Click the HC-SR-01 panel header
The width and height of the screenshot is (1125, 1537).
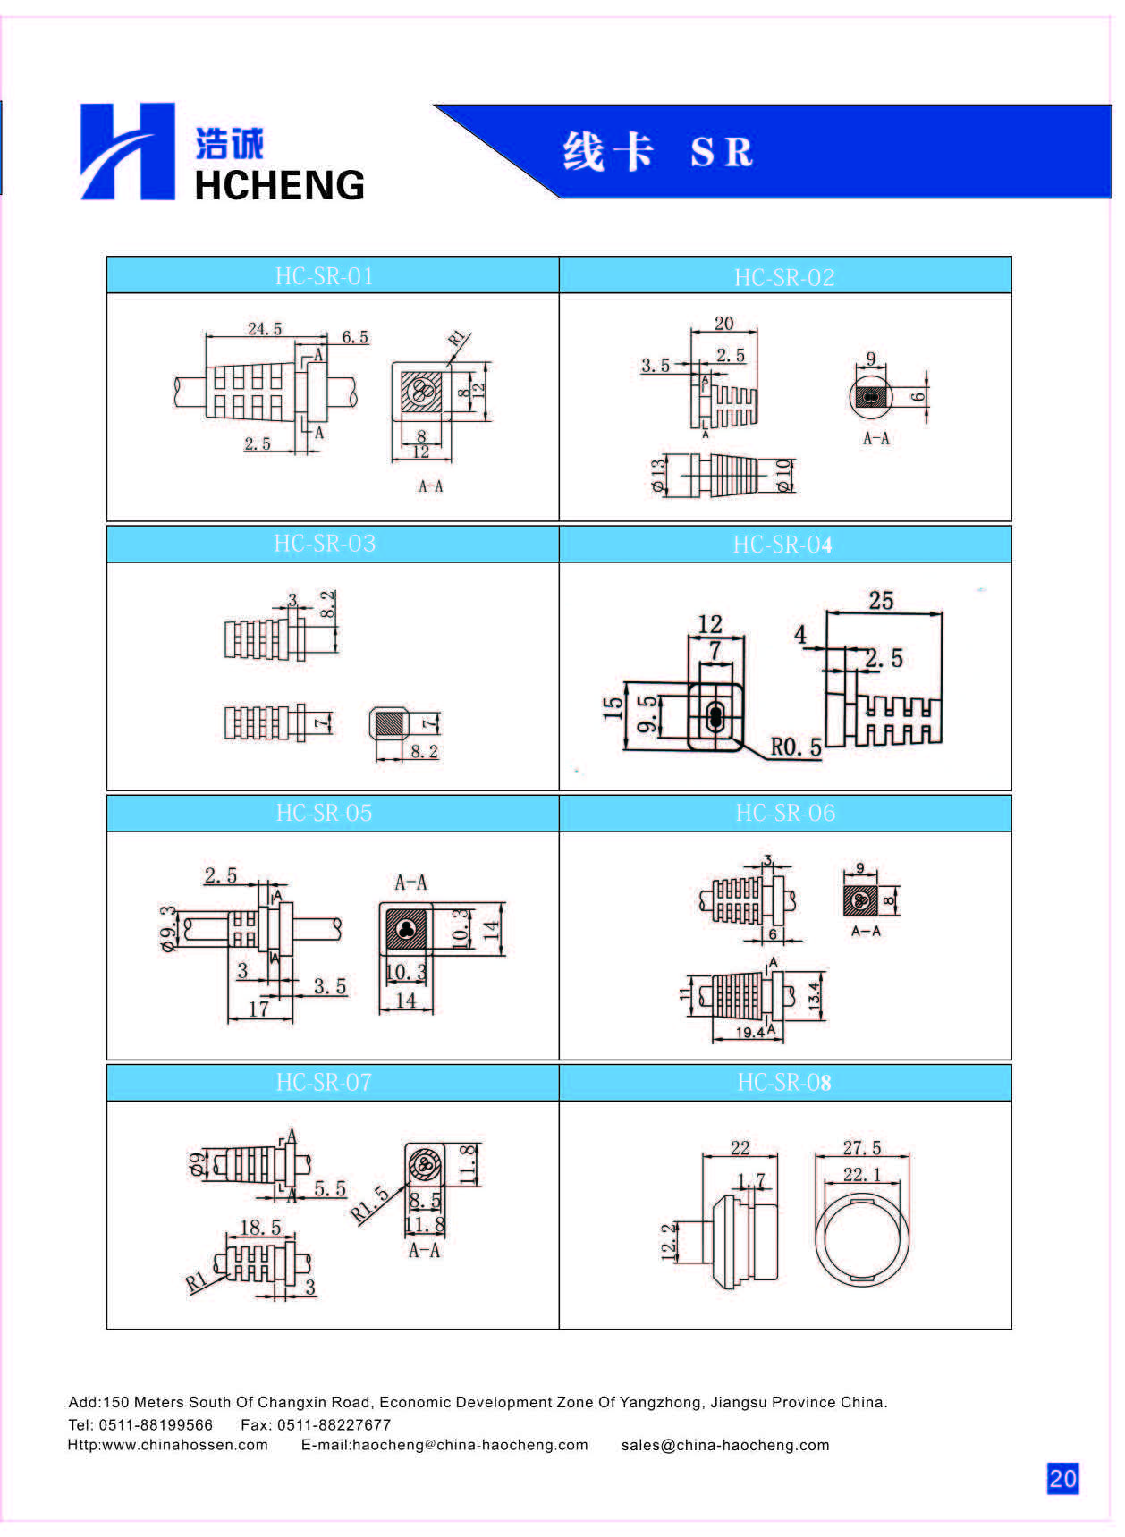(x=324, y=276)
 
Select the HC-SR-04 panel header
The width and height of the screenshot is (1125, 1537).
(x=782, y=545)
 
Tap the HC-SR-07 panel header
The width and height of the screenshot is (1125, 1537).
(x=324, y=1082)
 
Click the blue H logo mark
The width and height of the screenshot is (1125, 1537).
(x=127, y=152)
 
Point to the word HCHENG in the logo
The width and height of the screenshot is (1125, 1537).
(x=279, y=186)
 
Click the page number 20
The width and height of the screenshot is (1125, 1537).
(x=1062, y=1477)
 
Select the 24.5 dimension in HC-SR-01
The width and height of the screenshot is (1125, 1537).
(x=265, y=329)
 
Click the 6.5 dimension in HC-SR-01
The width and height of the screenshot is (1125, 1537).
(x=355, y=337)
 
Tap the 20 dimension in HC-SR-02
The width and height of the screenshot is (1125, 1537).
(x=723, y=323)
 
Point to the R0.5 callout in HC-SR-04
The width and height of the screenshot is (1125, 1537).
(x=796, y=747)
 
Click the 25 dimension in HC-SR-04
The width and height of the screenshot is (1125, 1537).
(x=881, y=600)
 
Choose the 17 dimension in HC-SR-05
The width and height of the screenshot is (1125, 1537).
(x=258, y=1009)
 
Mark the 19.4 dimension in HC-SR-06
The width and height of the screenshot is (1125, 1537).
(x=749, y=1032)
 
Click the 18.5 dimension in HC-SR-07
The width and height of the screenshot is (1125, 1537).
(x=260, y=1227)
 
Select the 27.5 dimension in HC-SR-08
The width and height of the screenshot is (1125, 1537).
(x=861, y=1147)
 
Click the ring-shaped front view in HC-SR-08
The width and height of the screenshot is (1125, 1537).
(x=861, y=1238)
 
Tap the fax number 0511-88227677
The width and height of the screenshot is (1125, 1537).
(x=334, y=1424)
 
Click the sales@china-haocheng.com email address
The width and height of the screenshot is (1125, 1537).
(x=725, y=1445)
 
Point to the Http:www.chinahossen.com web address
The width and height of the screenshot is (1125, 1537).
(x=168, y=1445)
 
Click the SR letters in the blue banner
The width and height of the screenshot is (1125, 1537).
(x=721, y=152)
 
